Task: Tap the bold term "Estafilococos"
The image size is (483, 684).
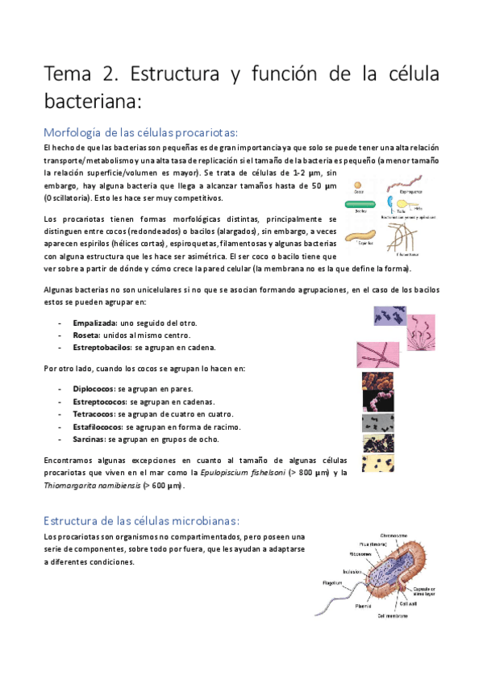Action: [x=102, y=426]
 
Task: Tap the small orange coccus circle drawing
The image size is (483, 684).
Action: [x=359, y=184]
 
